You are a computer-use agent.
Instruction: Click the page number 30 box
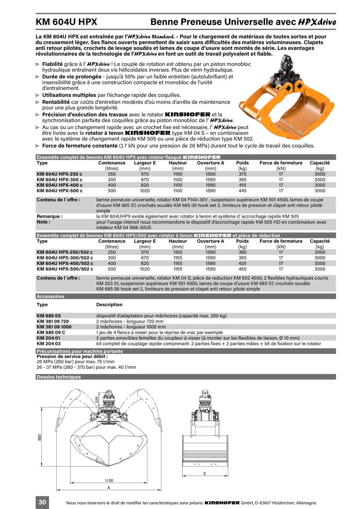coord(42,502)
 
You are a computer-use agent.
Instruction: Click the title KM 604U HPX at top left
coord(66,22)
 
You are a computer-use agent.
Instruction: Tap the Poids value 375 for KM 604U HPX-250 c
coord(242,174)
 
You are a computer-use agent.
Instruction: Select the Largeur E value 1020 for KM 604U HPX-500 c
coord(145,191)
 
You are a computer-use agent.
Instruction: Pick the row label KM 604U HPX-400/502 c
coord(65,263)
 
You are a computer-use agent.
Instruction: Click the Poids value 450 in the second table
coord(242,269)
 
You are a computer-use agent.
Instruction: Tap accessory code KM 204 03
coord(48,343)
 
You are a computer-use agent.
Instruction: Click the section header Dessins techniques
coord(58,377)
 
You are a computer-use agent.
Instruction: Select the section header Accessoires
coord(51,296)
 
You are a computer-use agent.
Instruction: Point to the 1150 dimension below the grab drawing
coord(109,481)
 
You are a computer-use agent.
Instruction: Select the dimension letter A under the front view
coord(109,488)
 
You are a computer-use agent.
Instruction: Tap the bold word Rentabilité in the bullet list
coord(56,102)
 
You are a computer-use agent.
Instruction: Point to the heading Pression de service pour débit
coord(72,356)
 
